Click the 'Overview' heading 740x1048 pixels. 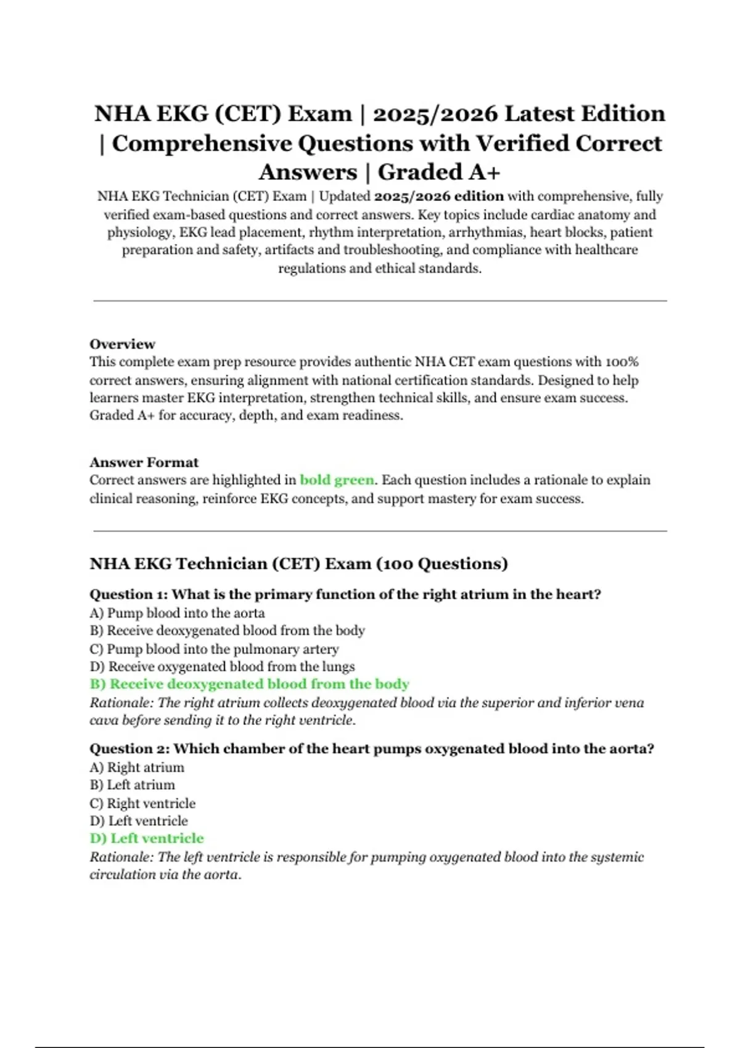[122, 344]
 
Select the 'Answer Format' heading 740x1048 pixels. [144, 462]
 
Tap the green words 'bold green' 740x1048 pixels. [337, 480]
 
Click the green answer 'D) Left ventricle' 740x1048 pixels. [147, 838]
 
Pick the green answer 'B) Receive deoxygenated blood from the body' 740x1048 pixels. [249, 684]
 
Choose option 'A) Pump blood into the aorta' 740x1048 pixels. [177, 613]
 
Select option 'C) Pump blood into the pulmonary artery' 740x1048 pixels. [214, 649]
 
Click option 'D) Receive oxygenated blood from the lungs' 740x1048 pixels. [222, 666]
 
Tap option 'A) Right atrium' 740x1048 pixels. [137, 768]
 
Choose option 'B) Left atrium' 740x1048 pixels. [132, 785]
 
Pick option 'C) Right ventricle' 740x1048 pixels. [142, 803]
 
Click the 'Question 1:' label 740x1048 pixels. [128, 595]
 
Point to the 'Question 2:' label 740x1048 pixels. [129, 749]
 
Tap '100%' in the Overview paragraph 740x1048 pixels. [622, 362]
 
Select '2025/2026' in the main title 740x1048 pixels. [435, 114]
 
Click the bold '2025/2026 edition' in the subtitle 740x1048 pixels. [438, 197]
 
